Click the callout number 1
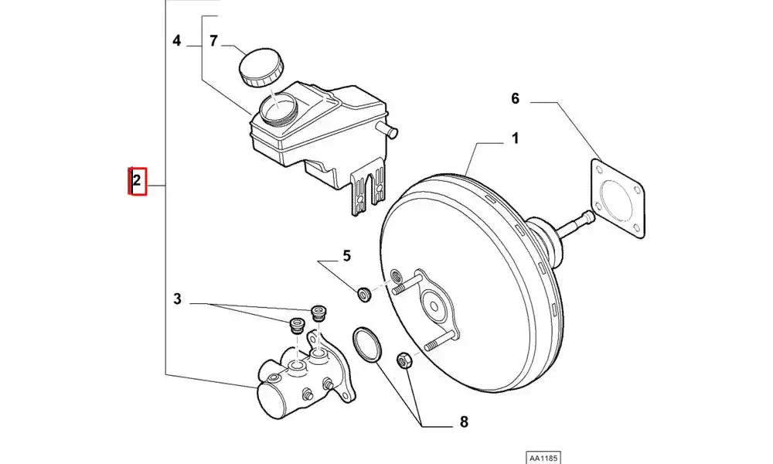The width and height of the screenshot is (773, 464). [514, 139]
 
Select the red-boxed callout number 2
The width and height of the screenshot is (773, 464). [137, 183]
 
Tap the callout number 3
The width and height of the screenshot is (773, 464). [178, 299]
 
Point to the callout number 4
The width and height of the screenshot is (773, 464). [177, 40]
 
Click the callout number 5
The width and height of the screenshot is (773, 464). [346, 255]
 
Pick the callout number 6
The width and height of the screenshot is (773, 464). [516, 98]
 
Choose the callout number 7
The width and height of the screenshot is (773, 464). [214, 40]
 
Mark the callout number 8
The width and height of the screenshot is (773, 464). [464, 422]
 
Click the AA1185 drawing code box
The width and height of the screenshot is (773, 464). [543, 457]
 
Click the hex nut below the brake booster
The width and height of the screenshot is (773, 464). [403, 360]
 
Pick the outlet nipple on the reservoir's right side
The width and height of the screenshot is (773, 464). [386, 128]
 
